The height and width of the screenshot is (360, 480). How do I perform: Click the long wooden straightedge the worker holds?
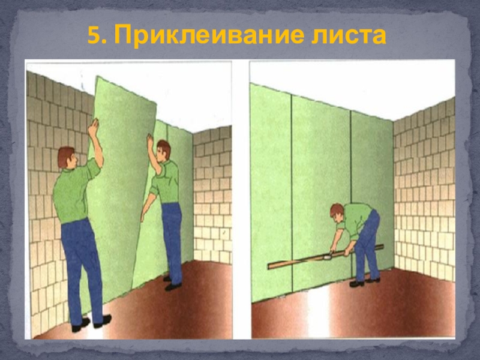(x=326, y=257)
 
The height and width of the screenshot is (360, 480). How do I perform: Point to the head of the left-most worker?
(x=67, y=157)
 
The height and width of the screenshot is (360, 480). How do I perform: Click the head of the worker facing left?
(x=163, y=151)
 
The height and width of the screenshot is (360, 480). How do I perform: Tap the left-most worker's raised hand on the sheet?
(x=94, y=127)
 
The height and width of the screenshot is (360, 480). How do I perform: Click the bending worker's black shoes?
(x=364, y=282)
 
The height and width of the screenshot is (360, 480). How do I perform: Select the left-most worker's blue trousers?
(x=82, y=269)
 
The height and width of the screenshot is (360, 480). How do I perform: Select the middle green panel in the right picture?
(x=321, y=193)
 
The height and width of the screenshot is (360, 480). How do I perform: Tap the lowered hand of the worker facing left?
(x=143, y=217)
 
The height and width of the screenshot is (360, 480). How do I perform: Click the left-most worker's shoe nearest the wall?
(x=80, y=325)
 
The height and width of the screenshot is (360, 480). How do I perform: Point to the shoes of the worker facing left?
(x=171, y=284)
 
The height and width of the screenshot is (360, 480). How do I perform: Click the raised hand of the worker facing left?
(x=150, y=140)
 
